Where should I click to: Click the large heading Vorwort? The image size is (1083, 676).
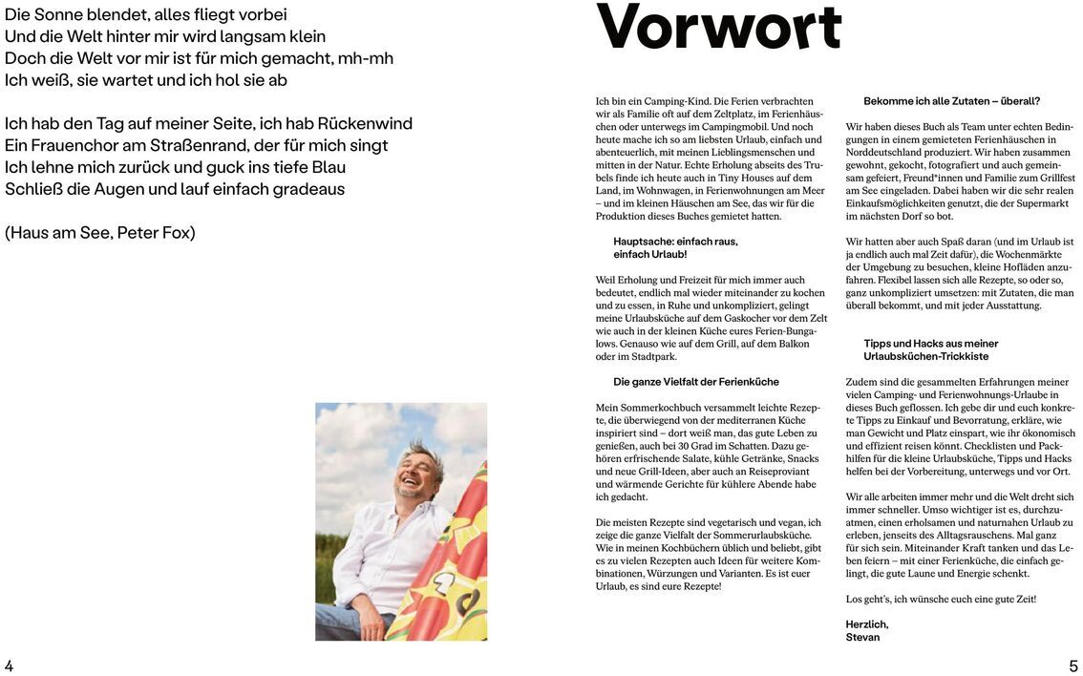[x=718, y=28]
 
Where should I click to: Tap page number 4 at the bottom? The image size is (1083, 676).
[x=9, y=665]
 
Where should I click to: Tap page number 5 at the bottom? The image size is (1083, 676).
[x=1073, y=665]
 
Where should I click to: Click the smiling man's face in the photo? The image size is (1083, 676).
[x=416, y=475]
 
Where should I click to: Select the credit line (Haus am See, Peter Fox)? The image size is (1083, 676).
[x=100, y=232]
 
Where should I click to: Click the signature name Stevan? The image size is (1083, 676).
[x=862, y=637]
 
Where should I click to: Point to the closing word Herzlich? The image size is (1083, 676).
[x=866, y=623]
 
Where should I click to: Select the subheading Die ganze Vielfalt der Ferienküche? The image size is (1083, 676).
[x=696, y=381]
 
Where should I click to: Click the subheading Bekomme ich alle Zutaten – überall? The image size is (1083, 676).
[x=951, y=100]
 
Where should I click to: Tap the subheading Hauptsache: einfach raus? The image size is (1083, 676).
[x=675, y=241]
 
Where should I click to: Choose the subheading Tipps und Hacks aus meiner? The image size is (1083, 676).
[x=930, y=343]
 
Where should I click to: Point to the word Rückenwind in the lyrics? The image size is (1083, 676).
[x=365, y=123]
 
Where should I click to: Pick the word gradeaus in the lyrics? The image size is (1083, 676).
[x=308, y=188]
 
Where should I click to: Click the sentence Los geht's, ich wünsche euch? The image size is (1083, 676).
[x=941, y=599]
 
